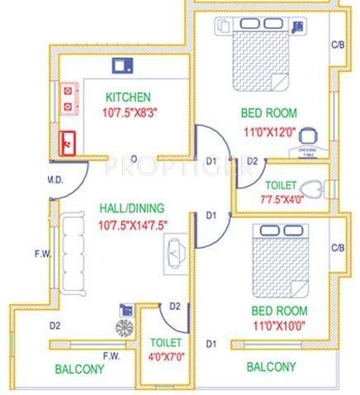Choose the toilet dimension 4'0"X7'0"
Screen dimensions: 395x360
(x=159, y=356)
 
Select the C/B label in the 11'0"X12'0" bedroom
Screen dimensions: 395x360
(x=337, y=45)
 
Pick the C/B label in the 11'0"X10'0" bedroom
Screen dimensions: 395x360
(x=337, y=247)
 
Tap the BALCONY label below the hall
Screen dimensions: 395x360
(x=79, y=369)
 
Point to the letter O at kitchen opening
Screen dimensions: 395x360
(x=134, y=158)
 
